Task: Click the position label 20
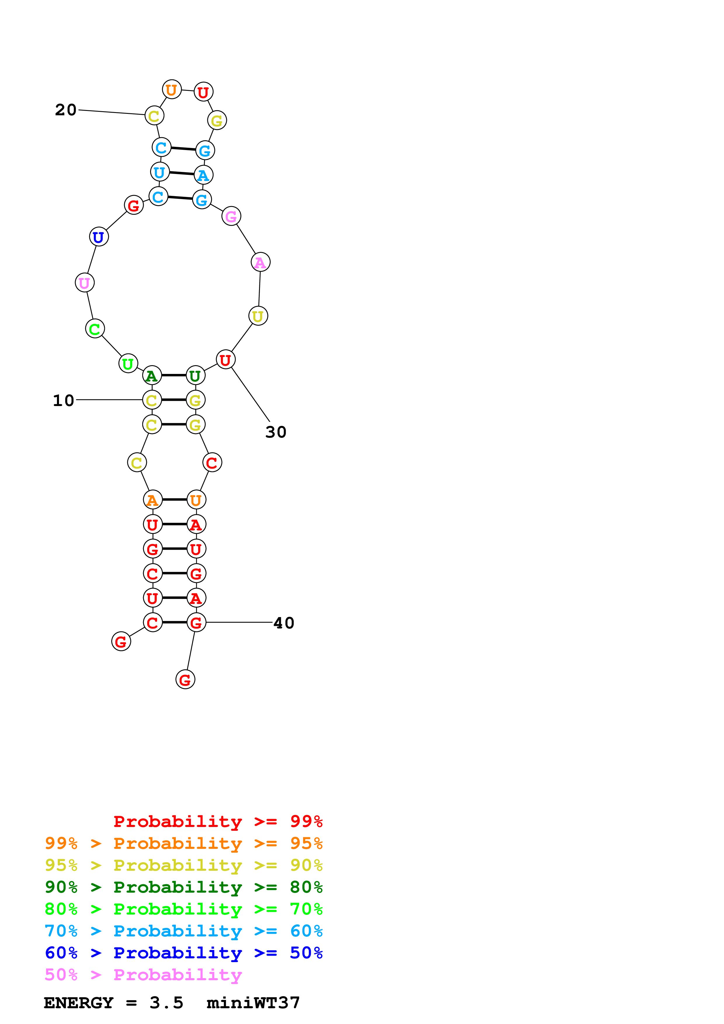point(66,110)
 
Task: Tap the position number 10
point(63,400)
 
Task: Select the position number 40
point(284,623)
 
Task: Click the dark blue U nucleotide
point(99,237)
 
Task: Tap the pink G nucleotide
point(231,216)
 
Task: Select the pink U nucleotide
point(84,283)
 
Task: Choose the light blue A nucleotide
point(204,175)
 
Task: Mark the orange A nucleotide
point(152,500)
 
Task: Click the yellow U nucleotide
point(258,316)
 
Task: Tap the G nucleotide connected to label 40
point(196,623)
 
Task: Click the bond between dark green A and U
point(173,375)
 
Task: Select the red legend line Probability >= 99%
point(218,821)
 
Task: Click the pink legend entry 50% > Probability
point(143,975)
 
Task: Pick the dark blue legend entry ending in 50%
point(183,953)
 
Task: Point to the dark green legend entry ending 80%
point(183,887)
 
